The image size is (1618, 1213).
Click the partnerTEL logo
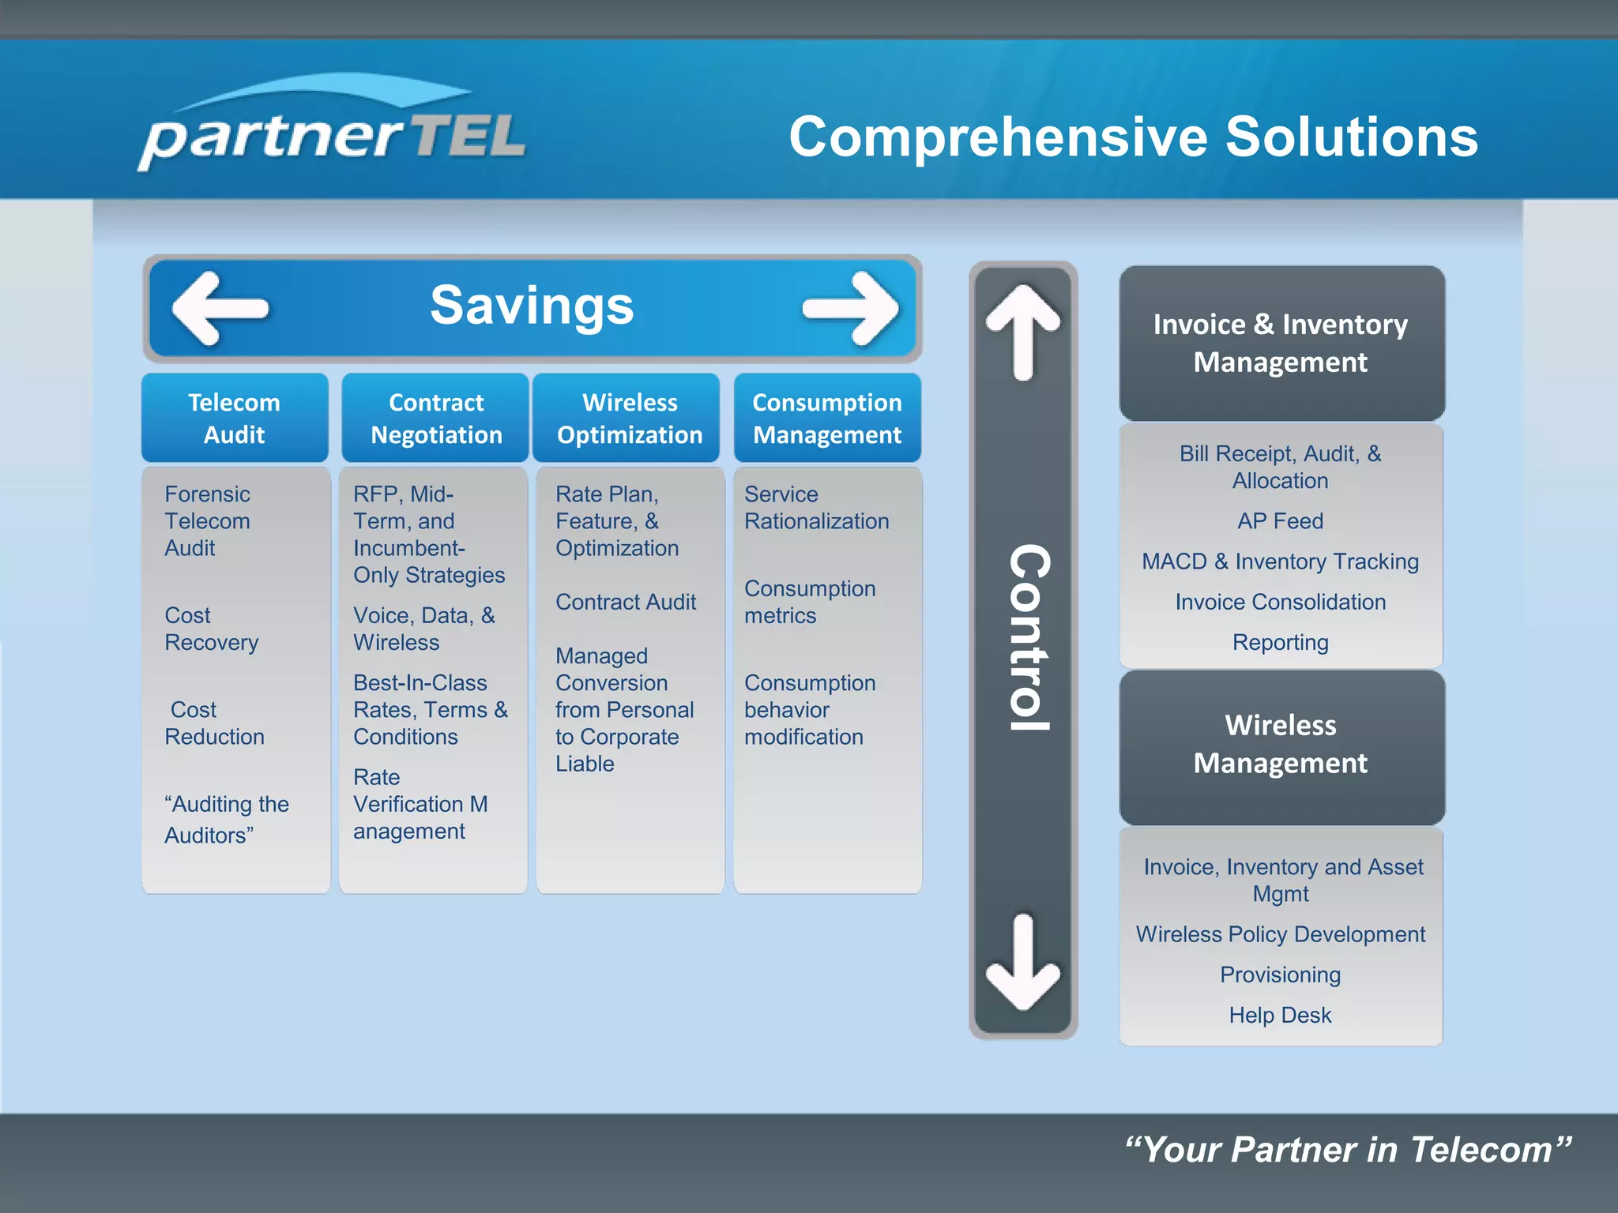pyautogui.click(x=332, y=126)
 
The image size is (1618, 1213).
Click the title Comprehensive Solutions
pyautogui.click(x=1133, y=137)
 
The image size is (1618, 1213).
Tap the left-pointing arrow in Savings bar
pyautogui.click(x=220, y=308)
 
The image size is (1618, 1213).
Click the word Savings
pyautogui.click(x=532, y=306)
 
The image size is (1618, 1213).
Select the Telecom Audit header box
pyautogui.click(x=235, y=418)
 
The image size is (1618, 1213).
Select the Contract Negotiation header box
pyautogui.click(x=436, y=418)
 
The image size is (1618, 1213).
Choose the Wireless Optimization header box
pyautogui.click(x=629, y=418)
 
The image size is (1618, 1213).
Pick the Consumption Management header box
pyautogui.click(x=827, y=418)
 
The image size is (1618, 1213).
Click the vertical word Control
pyautogui.click(x=1029, y=637)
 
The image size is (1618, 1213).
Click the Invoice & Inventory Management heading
pyautogui.click(x=1281, y=343)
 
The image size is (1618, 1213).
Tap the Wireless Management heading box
pyautogui.click(x=1281, y=744)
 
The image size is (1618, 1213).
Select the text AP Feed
pyautogui.click(x=1280, y=521)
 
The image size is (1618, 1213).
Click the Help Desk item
pyautogui.click(x=1280, y=1015)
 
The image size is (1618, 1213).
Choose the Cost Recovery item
pyautogui.click(x=211, y=629)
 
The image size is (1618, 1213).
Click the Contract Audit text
pyautogui.click(x=626, y=602)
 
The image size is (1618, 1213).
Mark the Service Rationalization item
pyautogui.click(x=816, y=508)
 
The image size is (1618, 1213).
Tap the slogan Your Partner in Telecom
pyautogui.click(x=1348, y=1150)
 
